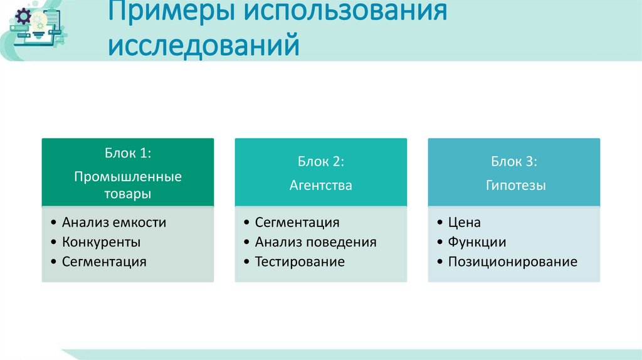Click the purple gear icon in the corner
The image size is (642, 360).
pos(23,17)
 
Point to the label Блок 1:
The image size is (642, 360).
pos(128,154)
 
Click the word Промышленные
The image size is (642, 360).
pos(128,176)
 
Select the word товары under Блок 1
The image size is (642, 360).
pos(128,193)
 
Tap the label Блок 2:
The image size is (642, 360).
pos(321,162)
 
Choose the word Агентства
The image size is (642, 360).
pos(321,185)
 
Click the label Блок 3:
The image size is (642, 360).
pos(513,162)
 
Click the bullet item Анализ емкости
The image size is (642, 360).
pos(114,222)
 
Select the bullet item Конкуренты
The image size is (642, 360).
pos(102,242)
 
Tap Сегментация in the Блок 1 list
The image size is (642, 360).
pos(104,262)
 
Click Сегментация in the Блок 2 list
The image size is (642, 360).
pos(297,222)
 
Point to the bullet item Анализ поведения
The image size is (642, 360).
pos(315,242)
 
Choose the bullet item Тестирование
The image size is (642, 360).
pos(300,262)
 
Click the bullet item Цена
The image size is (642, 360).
pos(464,222)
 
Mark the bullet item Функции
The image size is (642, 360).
pos(477,242)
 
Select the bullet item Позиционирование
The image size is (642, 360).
pos(512,262)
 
